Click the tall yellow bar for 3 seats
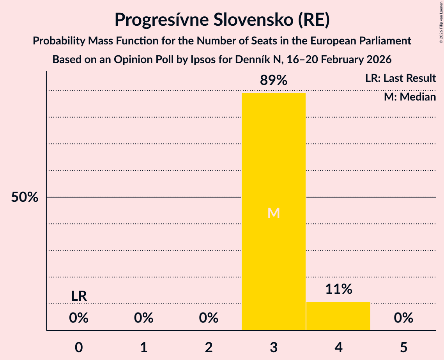tap(273, 156)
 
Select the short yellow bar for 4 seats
tap(338, 316)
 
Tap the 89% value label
tap(273, 81)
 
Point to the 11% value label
tap(338, 289)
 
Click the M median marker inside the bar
tap(273, 213)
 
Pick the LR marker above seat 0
tap(79, 296)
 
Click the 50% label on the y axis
tap(25, 198)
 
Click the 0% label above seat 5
tap(403, 318)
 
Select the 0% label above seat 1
tap(144, 318)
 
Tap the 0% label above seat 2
tap(209, 318)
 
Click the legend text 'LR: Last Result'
tap(400, 78)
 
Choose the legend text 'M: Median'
tap(410, 97)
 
